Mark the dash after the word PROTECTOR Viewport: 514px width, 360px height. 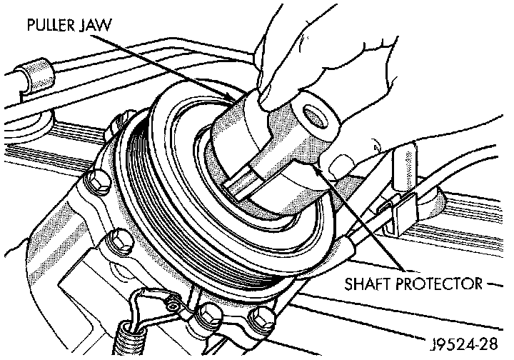(495, 284)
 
